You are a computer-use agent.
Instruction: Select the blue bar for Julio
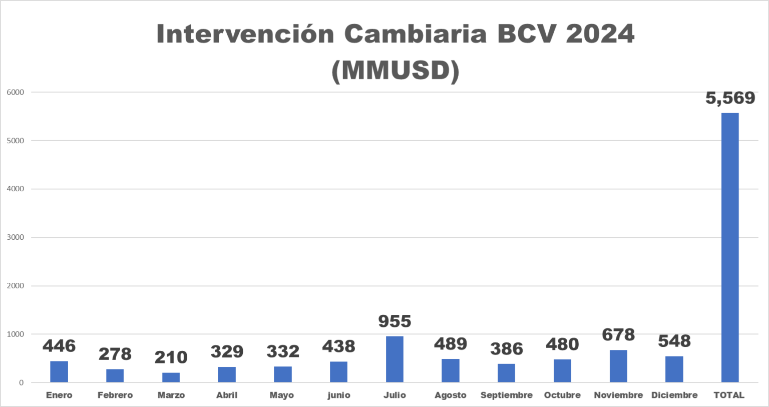pyautogui.click(x=395, y=359)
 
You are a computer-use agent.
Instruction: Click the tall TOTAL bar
pyautogui.click(x=729, y=248)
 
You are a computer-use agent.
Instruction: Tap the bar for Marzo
pyautogui.click(x=171, y=377)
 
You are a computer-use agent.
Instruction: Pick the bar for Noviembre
pyautogui.click(x=618, y=366)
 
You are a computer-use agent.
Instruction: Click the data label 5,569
pyautogui.click(x=730, y=98)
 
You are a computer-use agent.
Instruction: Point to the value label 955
pyautogui.click(x=395, y=321)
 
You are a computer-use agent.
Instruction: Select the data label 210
pyautogui.click(x=171, y=357)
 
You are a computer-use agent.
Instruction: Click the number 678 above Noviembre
pyautogui.click(x=618, y=335)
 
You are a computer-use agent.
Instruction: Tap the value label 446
pyautogui.click(x=59, y=346)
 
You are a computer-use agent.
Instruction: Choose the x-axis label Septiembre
pyautogui.click(x=506, y=395)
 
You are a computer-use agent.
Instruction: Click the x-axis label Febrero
pyautogui.click(x=115, y=395)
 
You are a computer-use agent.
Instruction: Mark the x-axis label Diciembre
pyautogui.click(x=674, y=395)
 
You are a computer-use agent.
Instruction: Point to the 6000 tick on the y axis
pyautogui.click(x=16, y=92)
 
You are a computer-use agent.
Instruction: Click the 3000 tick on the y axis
pyautogui.click(x=16, y=237)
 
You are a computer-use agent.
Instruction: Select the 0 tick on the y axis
pyautogui.click(x=21, y=382)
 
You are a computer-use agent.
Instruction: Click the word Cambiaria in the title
pyautogui.click(x=415, y=34)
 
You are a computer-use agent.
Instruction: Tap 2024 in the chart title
pyautogui.click(x=600, y=34)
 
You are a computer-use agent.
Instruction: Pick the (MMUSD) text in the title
pyautogui.click(x=396, y=70)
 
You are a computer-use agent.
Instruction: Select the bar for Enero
pyautogui.click(x=59, y=371)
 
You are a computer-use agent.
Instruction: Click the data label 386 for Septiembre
pyautogui.click(x=506, y=349)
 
